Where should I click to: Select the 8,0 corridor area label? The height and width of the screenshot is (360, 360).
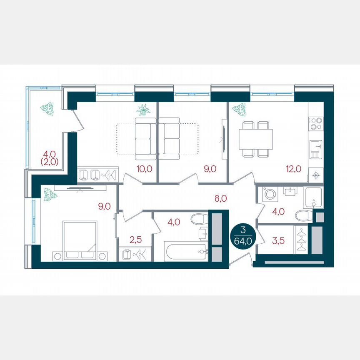pyautogui.click(x=221, y=198)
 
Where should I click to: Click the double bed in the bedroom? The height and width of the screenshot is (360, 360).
pyautogui.click(x=79, y=241)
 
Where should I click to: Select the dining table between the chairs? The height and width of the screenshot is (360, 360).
pyautogui.click(x=255, y=136)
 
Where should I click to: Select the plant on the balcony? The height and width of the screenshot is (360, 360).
pyautogui.click(x=47, y=108)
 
